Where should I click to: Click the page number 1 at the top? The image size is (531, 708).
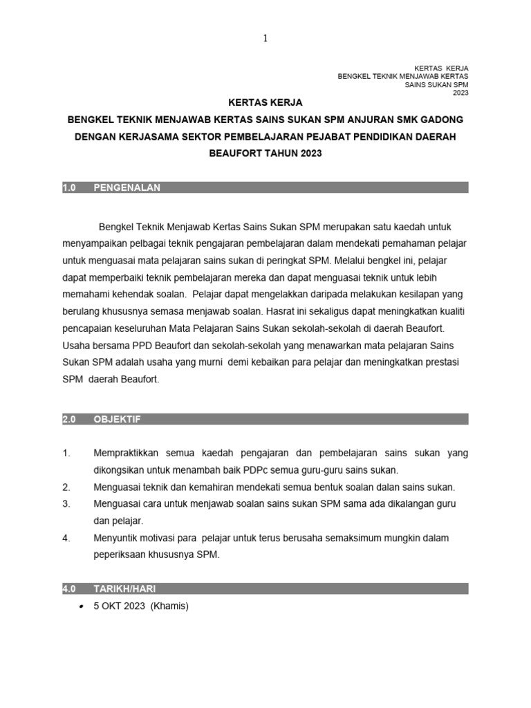[x=265, y=39]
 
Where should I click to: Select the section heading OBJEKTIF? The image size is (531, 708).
[x=117, y=419]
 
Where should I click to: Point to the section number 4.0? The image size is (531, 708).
[x=68, y=589]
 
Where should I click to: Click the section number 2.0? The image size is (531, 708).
[x=68, y=419]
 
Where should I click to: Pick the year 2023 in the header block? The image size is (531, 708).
[x=460, y=92]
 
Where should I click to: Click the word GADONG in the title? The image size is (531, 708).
[x=439, y=120]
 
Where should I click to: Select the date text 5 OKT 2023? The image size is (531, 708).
[x=120, y=606]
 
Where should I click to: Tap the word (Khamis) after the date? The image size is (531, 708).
[x=171, y=606]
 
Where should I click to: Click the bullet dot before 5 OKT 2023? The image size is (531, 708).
[x=82, y=606]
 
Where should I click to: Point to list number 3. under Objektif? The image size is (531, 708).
[x=66, y=503]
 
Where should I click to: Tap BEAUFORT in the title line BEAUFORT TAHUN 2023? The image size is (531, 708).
[x=234, y=153]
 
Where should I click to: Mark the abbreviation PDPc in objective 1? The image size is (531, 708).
[x=246, y=470]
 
